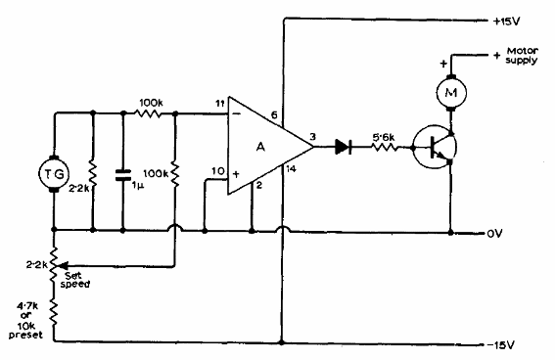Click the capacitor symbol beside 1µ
point(122,175)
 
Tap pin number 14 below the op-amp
point(291,170)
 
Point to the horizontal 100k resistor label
point(150,101)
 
